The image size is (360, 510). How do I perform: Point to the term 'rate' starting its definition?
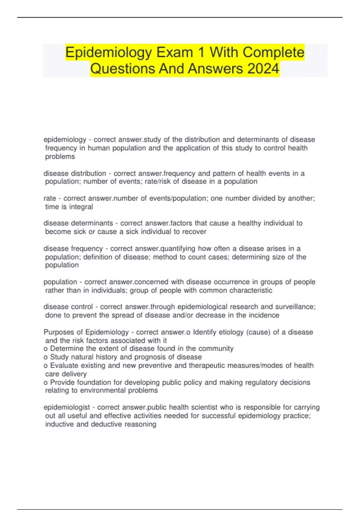[x=50, y=198]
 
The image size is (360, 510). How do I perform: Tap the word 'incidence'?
[x=264, y=315]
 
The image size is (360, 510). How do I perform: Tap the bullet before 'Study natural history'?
[x=46, y=357]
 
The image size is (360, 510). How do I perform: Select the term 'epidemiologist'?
[x=67, y=407]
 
